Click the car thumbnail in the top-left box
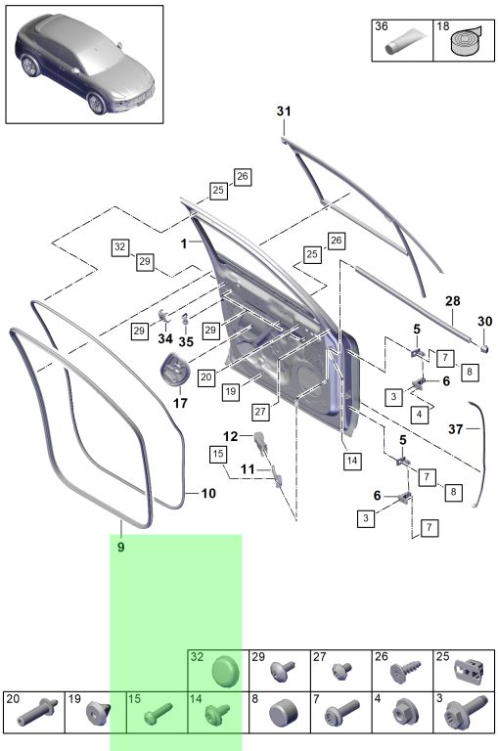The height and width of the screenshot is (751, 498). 85,64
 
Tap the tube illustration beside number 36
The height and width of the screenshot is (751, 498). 404,41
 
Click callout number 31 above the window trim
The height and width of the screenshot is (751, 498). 284,111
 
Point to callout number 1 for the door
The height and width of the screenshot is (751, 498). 184,243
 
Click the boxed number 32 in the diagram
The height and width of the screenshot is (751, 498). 119,247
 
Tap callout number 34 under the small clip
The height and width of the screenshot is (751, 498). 165,338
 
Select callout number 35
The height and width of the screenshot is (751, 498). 186,341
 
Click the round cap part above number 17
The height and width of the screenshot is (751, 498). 174,368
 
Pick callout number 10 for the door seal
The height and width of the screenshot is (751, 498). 208,493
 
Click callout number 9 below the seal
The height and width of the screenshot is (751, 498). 120,547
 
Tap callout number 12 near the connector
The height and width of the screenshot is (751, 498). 231,436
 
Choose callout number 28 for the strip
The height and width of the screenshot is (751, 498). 452,301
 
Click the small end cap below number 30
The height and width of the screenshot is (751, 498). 484,348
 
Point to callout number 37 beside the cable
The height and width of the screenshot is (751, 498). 456,428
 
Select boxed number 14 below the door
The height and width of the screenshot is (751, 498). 352,461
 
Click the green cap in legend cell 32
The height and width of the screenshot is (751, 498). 227,671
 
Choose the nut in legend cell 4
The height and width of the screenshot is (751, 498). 405,712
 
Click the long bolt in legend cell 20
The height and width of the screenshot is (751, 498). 38,712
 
